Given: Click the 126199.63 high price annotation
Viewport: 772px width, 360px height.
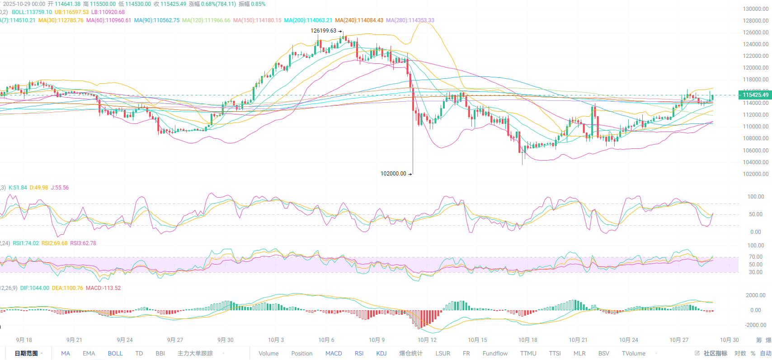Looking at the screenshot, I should click(323, 31).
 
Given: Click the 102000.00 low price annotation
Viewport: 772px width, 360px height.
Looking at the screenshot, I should click(393, 174).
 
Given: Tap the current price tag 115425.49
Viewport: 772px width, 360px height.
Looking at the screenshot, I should click(755, 95).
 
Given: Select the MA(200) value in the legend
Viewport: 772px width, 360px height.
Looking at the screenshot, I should click(308, 20).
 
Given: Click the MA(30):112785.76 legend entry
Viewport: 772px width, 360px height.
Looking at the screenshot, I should click(61, 20).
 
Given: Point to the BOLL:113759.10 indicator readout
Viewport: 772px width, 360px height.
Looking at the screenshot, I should click(32, 12).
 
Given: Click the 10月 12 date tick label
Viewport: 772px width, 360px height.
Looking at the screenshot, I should click(427, 340).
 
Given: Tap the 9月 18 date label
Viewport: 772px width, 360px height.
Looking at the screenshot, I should click(24, 340).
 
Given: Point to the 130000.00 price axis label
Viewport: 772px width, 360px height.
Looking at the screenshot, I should click(755, 9).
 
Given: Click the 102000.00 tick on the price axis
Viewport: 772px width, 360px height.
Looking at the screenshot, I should click(755, 174).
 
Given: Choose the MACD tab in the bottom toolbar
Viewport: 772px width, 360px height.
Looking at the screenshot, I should click(334, 354).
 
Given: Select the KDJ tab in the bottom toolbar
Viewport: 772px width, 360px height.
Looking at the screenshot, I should click(381, 354).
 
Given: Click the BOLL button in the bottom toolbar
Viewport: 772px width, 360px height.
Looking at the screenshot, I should click(115, 354).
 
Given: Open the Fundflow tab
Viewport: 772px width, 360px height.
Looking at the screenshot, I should click(495, 354).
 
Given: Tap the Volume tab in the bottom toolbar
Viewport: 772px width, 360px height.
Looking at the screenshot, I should click(268, 354).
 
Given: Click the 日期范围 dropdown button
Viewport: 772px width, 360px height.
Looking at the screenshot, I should click(28, 354).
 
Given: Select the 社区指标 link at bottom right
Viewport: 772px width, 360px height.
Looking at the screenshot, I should click(715, 354).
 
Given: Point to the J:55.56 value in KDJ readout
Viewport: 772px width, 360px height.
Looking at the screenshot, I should click(60, 188).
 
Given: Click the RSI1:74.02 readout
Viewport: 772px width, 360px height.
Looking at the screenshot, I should click(26, 243).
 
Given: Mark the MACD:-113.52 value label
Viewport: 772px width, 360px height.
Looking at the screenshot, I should click(103, 288).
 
